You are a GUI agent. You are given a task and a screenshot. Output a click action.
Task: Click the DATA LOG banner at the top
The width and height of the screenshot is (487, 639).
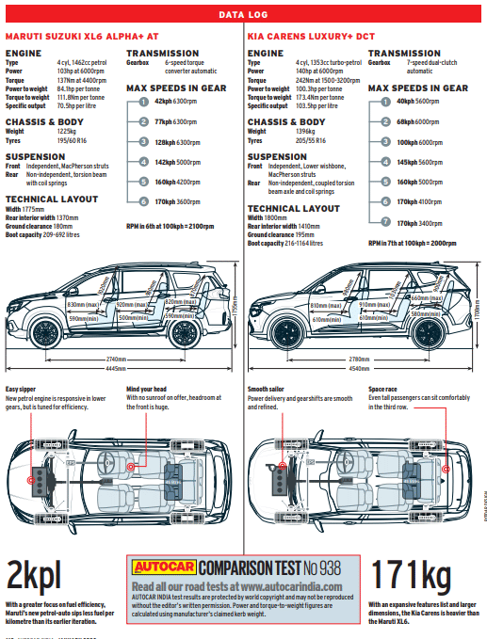pos(243,15)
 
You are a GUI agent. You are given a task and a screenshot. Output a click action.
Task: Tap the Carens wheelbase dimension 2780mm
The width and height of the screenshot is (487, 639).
pos(359,359)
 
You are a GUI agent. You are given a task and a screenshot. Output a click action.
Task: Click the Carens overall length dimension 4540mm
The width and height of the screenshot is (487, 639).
pos(359,368)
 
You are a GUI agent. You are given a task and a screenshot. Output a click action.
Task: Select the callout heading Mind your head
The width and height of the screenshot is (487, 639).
pos(145,389)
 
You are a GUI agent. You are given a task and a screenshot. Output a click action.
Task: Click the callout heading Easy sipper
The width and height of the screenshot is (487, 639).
pos(22,389)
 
